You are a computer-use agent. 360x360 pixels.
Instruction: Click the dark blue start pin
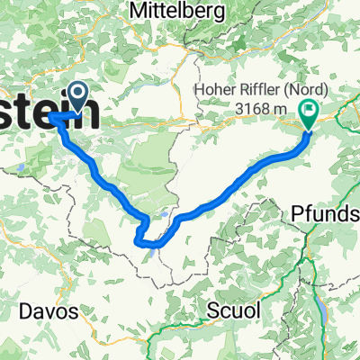coord(76,95)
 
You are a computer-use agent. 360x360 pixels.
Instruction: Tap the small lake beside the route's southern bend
coord(162,213)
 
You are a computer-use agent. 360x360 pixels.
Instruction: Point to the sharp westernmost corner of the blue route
coord(52,118)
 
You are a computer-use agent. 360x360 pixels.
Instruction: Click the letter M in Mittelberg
coord(139,10)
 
